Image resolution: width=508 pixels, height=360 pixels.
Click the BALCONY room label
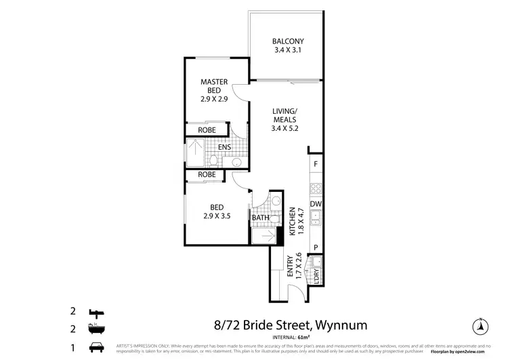point(284,45)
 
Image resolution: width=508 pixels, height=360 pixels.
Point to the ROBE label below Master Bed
point(207,130)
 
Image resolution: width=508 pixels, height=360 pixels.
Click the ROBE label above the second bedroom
point(207,175)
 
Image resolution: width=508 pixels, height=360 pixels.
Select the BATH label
point(261,218)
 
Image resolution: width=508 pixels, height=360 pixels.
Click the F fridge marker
point(315,164)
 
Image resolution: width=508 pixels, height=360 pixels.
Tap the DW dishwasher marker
point(315,204)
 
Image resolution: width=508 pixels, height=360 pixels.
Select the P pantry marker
point(315,247)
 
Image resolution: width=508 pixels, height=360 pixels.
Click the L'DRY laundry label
point(316,277)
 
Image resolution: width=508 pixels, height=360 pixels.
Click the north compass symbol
point(480,325)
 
